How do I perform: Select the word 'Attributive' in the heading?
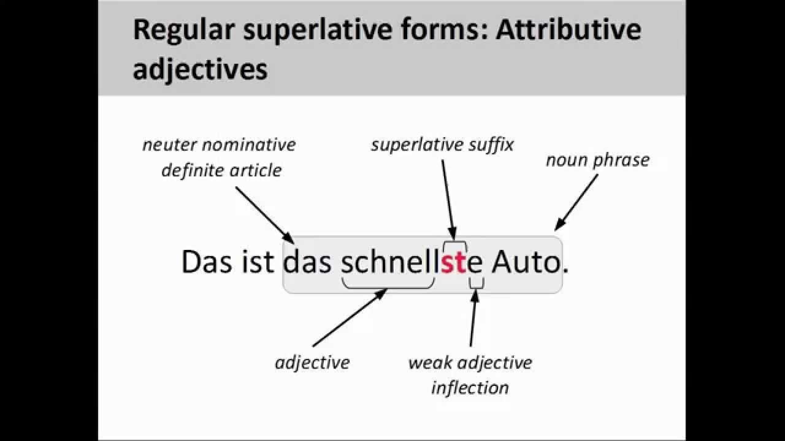(569, 30)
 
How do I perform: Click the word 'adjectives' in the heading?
(200, 69)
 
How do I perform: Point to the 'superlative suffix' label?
(442, 145)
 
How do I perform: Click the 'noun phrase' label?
(597, 160)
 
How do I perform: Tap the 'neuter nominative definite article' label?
(220, 157)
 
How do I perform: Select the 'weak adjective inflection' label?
(470, 374)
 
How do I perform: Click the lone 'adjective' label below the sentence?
(312, 362)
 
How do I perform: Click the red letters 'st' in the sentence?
(454, 262)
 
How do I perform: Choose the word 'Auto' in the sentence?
(526, 262)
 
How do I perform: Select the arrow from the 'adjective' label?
(350, 318)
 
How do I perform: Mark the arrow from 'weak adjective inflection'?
(473, 318)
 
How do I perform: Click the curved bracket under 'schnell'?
(388, 284)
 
